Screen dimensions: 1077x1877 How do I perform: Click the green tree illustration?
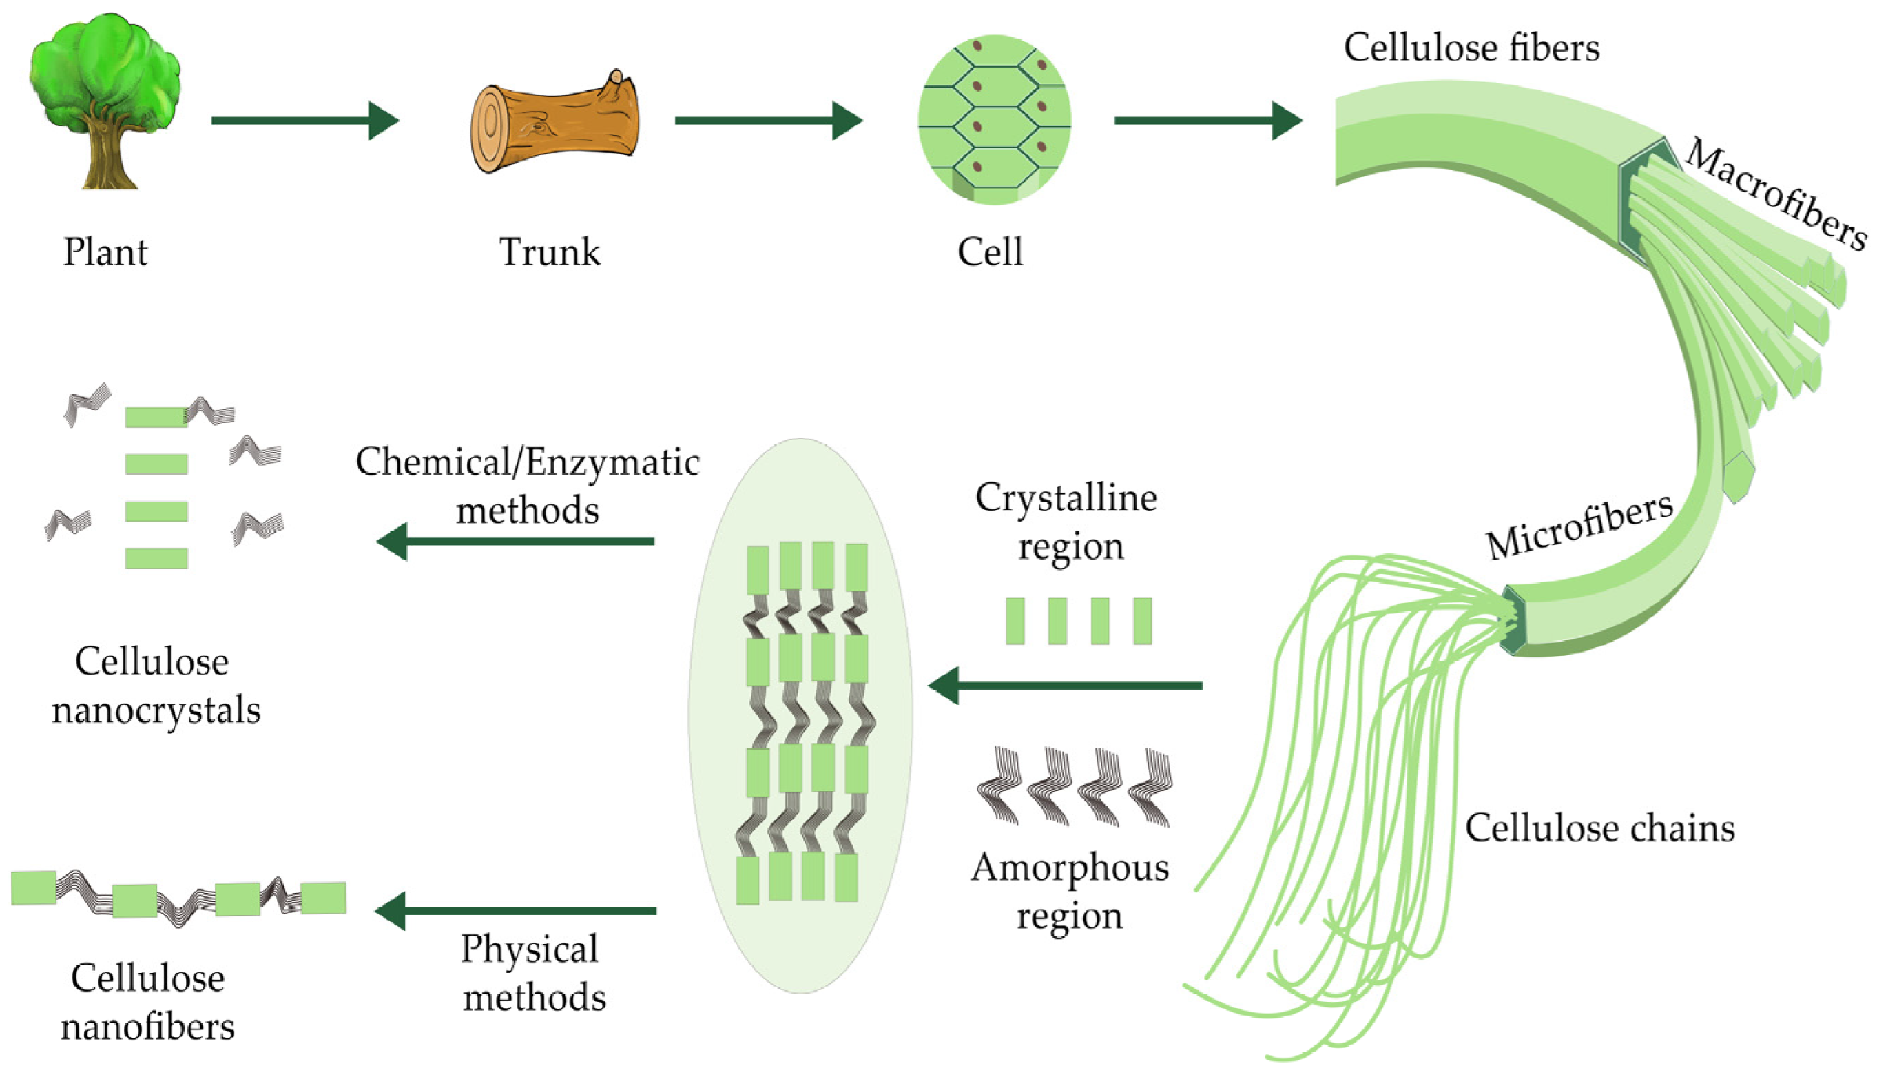105,100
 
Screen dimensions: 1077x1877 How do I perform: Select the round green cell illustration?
995,120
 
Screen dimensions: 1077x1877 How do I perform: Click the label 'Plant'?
105,252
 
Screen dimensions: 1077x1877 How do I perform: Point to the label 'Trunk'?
549,252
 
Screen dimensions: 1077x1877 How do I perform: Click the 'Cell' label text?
989,252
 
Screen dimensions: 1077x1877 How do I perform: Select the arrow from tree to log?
304,121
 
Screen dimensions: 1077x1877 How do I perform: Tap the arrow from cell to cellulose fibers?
1207,121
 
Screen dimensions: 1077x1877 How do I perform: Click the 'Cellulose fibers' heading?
1471,48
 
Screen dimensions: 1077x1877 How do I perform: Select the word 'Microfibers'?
1580,526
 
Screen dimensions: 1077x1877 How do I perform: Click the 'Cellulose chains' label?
1599,828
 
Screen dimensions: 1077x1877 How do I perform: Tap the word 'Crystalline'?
1066,498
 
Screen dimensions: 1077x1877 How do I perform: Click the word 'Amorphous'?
1069,868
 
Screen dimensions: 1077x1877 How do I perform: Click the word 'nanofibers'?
148,1027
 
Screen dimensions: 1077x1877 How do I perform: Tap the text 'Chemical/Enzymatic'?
527,463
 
